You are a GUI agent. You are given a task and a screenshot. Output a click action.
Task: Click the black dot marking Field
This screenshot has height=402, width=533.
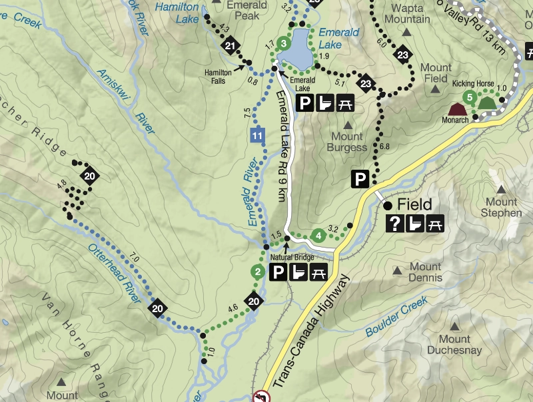pyautogui.click(x=388, y=206)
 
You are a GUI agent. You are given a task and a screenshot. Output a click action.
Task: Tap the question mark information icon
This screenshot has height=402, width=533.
pyautogui.click(x=395, y=224)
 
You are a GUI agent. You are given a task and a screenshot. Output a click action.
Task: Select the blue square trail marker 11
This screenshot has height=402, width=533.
pyautogui.click(x=256, y=136)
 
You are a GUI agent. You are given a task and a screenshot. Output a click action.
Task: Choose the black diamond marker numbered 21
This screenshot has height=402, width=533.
pyautogui.click(x=231, y=46)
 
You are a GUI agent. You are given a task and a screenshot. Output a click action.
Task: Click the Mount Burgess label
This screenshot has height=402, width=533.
pyautogui.click(x=347, y=142)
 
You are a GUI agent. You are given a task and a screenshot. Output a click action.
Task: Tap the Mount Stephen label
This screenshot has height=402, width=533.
pyautogui.click(x=503, y=208)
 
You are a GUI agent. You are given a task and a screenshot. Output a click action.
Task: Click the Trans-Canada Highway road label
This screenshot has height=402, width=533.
pyautogui.click(x=310, y=333)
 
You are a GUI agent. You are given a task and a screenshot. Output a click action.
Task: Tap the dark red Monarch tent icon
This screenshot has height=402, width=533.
pyautogui.click(x=457, y=108)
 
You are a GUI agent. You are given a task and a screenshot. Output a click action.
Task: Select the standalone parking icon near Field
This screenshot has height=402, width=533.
pyautogui.click(x=360, y=178)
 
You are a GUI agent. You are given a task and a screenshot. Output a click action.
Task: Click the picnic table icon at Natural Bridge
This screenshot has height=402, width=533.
pyautogui.click(x=318, y=272)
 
